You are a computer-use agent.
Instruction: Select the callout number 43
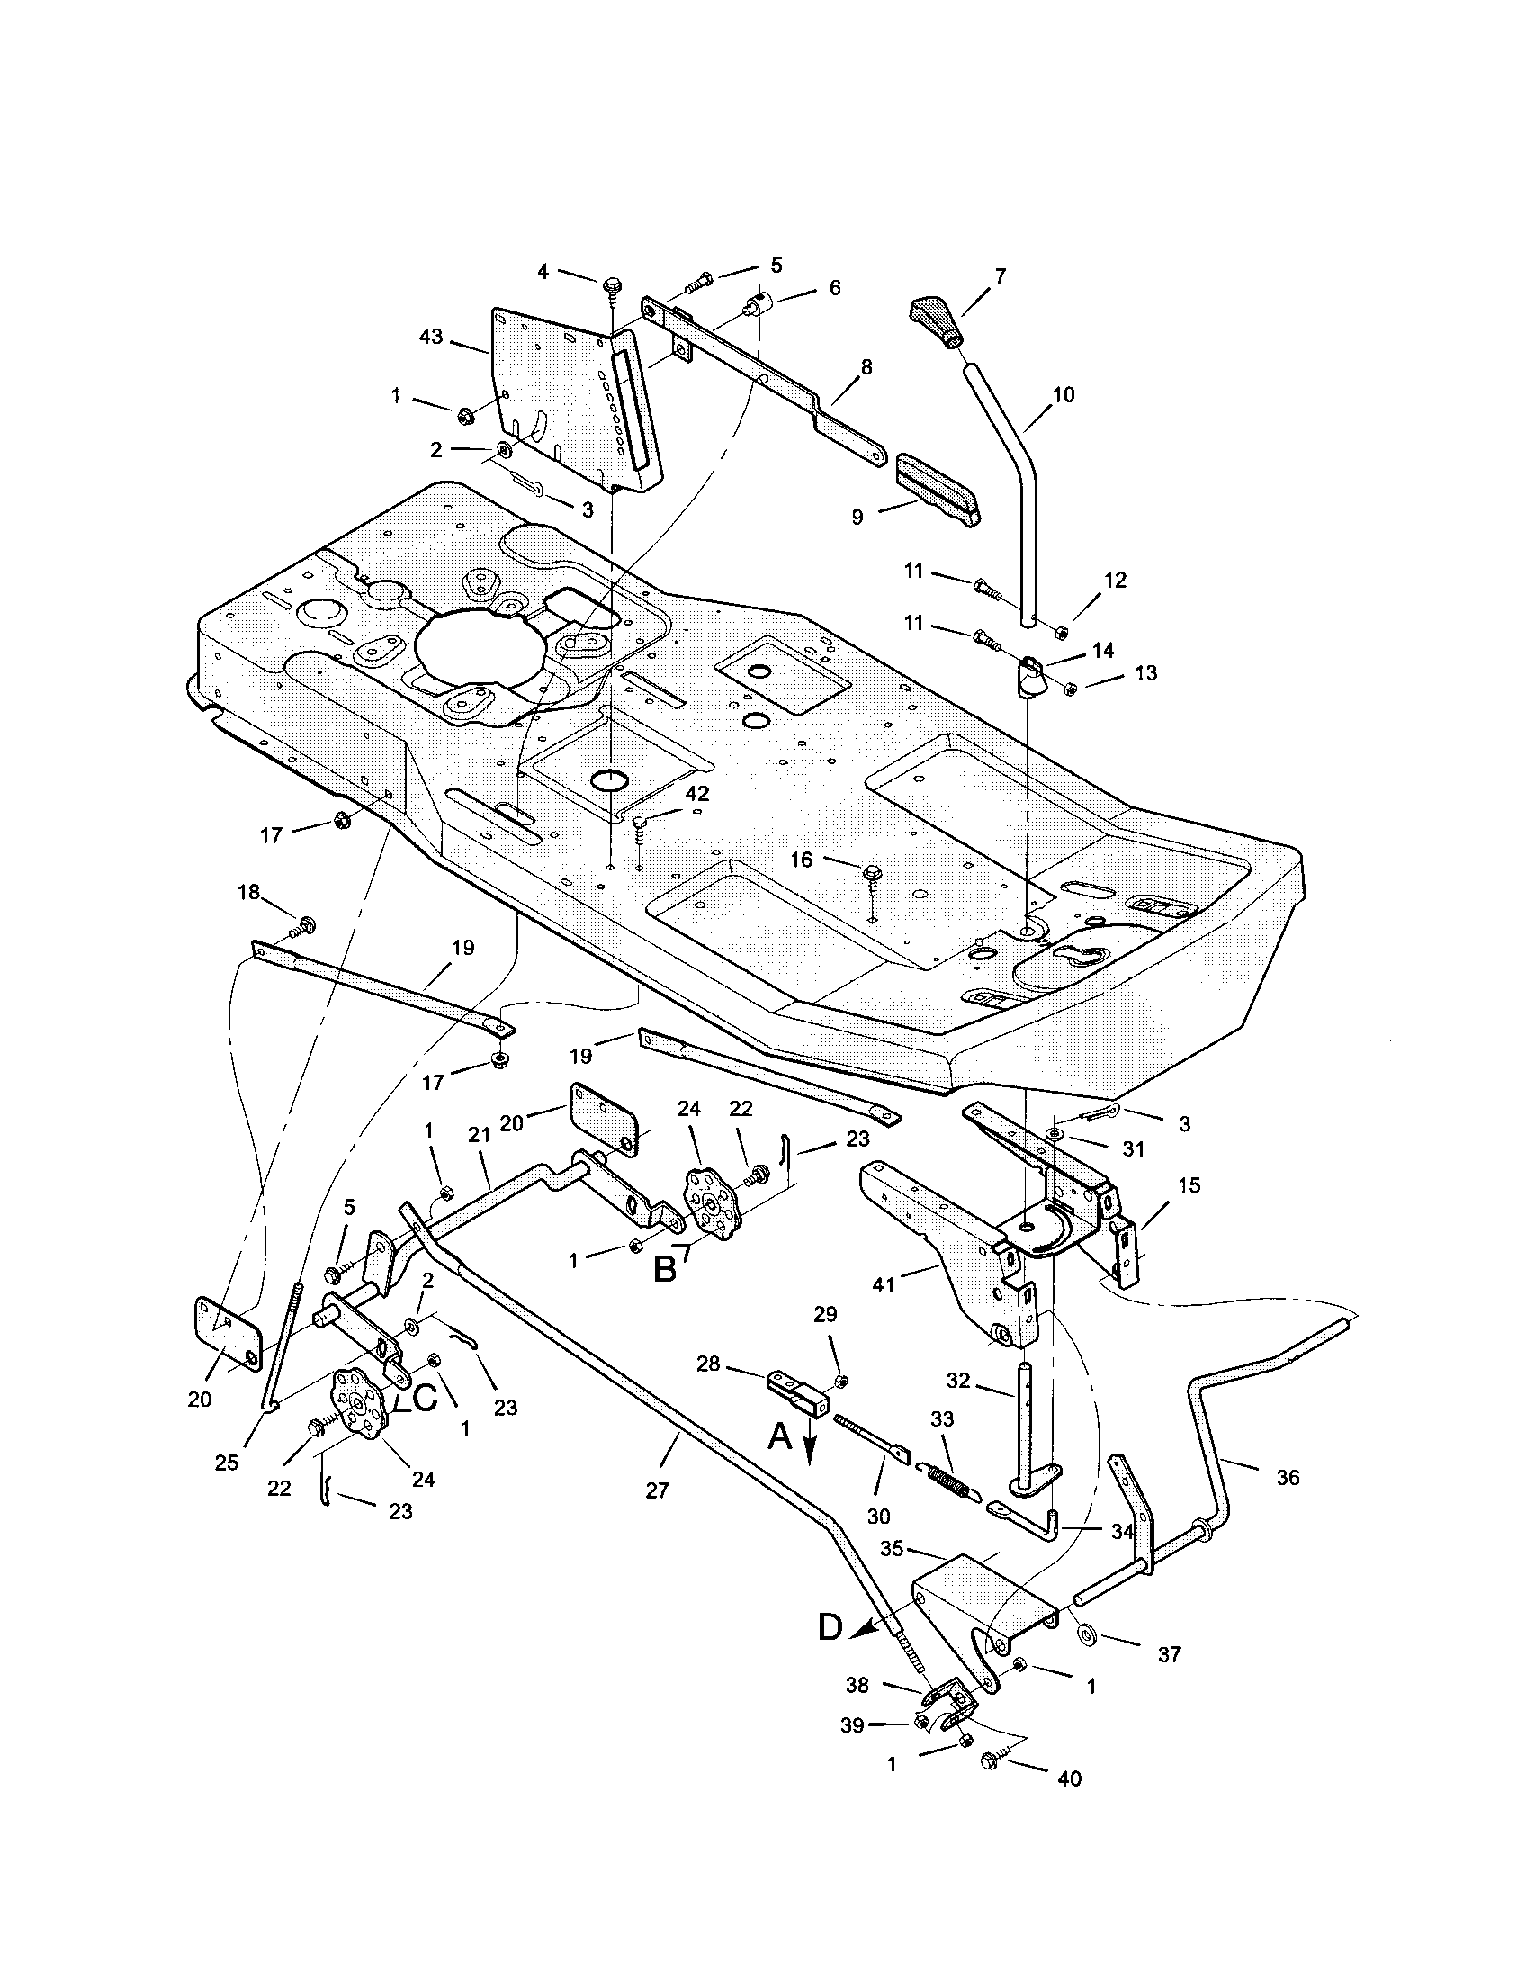point(431,337)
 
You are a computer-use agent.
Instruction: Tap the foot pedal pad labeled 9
point(937,490)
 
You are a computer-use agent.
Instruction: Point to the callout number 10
point(1063,394)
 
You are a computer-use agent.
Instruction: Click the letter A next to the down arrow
point(781,1435)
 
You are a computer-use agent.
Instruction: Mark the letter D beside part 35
point(831,1627)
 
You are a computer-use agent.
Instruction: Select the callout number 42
point(697,793)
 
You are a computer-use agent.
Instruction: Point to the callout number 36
point(1287,1477)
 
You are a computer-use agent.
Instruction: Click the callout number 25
point(227,1463)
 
